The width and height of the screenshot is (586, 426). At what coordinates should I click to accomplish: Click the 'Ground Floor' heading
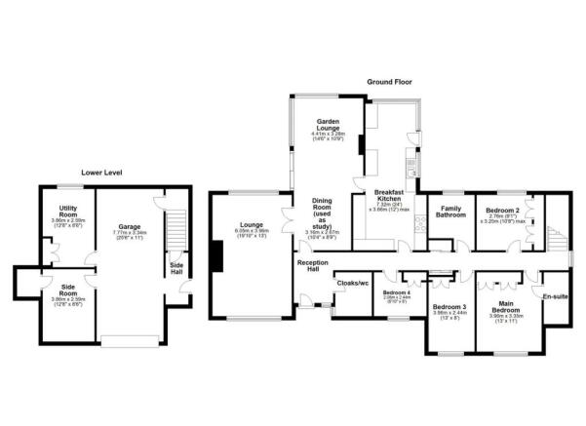click(390, 81)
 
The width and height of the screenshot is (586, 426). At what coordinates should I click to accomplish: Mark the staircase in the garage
click(176, 230)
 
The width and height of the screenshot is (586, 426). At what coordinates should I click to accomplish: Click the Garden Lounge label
click(326, 123)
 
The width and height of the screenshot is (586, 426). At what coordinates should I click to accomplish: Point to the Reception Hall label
click(310, 266)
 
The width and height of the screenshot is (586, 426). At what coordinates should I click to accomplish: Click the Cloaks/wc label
click(351, 284)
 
